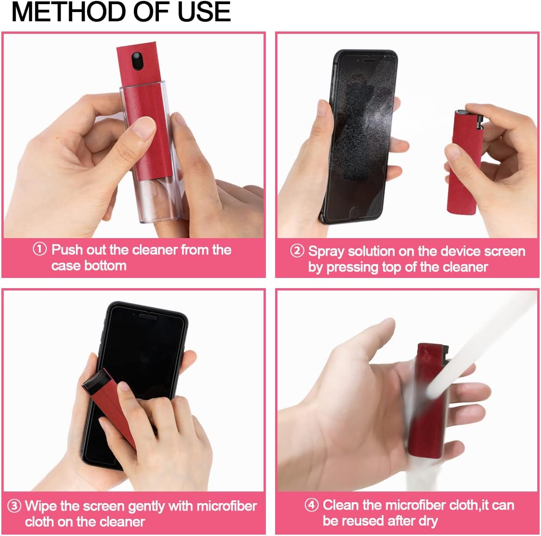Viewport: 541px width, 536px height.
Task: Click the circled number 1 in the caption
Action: [40, 249]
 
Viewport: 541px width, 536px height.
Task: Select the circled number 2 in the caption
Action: [297, 251]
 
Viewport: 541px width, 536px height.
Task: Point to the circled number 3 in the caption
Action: [14, 505]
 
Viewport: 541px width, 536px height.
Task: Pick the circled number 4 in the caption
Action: [311, 504]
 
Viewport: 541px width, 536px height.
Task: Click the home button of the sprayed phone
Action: [354, 213]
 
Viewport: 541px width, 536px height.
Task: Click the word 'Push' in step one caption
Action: [67, 250]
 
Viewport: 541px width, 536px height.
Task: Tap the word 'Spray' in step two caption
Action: [326, 252]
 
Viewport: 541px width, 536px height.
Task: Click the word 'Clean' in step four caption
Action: [342, 504]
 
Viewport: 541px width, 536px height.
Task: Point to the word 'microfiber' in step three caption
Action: [227, 505]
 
